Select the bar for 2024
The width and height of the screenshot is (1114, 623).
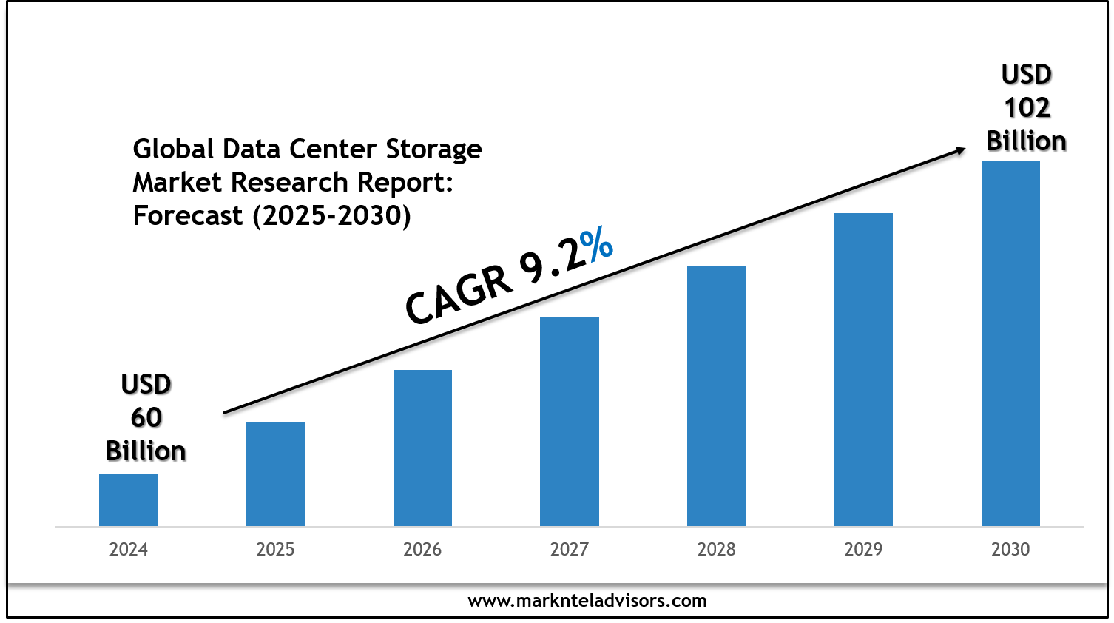(129, 500)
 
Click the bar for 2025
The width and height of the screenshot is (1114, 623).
(275, 474)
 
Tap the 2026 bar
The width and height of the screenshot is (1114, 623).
(422, 448)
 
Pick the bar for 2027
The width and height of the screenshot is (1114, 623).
(570, 422)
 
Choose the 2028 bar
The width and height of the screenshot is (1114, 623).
(717, 396)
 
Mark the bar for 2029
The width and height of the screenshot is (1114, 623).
(863, 369)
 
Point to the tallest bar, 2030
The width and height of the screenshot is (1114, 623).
(1010, 343)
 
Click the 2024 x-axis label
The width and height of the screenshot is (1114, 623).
(129, 550)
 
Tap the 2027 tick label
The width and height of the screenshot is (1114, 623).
(570, 550)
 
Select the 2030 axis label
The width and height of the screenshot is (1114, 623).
(1010, 550)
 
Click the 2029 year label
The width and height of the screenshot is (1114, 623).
(863, 550)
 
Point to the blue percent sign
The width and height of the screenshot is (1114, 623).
(596, 245)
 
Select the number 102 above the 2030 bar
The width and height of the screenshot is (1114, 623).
(1027, 108)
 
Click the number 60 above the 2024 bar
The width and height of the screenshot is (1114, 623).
(146, 418)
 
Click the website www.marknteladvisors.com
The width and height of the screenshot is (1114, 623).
(587, 601)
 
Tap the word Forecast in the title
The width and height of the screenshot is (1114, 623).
(188, 216)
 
